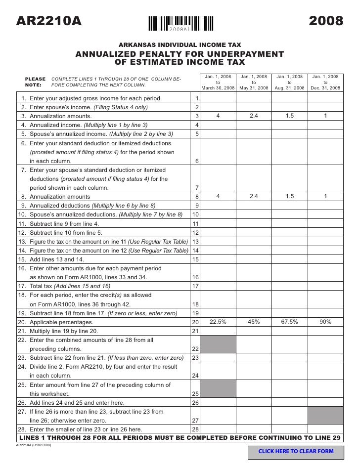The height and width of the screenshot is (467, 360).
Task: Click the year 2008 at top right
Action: point(325,21)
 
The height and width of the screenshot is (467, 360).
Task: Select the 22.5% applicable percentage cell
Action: point(218,322)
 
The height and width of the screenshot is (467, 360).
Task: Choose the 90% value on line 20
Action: point(325,322)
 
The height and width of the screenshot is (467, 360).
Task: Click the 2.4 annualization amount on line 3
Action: point(254,116)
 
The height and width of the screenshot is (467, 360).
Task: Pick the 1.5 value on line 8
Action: point(289,196)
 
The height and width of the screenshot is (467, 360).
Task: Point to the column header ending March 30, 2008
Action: point(218,83)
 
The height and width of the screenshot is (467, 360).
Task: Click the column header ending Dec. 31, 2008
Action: point(325,83)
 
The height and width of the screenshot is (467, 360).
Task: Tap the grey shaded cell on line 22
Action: point(218,344)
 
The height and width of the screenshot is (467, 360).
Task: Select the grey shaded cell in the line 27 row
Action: point(325,416)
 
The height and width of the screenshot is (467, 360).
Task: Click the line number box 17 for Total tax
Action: point(195,286)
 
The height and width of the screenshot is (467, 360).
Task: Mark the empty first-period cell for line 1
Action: point(218,98)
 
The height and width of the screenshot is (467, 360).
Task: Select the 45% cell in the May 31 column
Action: point(254,322)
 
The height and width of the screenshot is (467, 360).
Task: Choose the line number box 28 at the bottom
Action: point(195,429)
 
